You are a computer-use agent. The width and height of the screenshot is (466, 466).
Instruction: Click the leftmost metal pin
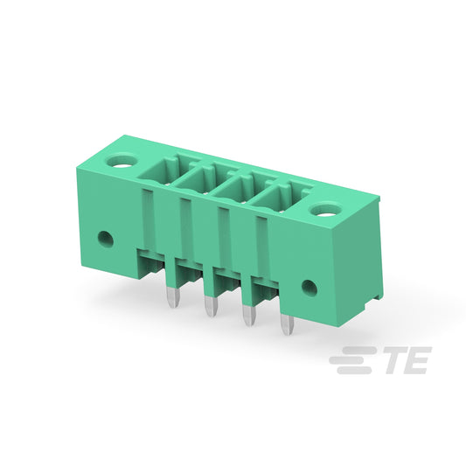pos(173,297)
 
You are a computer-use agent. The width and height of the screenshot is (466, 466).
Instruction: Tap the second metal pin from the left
pos(211,307)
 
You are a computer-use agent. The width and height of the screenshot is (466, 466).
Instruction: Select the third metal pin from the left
pos(249,316)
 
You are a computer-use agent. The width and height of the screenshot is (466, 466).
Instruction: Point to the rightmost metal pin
pos(288,324)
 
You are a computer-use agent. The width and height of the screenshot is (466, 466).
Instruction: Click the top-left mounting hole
pos(122,161)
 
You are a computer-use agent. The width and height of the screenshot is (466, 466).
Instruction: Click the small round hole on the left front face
pos(106,240)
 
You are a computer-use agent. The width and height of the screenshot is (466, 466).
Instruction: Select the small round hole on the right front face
pos(310,288)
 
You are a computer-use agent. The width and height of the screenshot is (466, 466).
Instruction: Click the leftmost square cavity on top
pos(163,170)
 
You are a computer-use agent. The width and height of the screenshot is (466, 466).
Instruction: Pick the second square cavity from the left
pos(200,179)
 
